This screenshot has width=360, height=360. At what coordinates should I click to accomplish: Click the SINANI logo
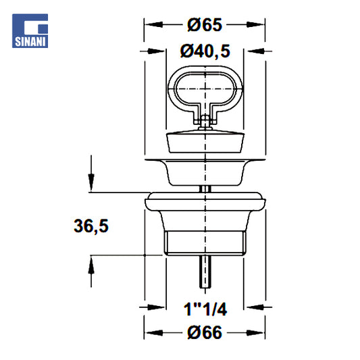click(30, 31)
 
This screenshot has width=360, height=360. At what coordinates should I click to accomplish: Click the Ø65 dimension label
click(205, 25)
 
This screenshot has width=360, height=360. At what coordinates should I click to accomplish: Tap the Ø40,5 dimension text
click(205, 51)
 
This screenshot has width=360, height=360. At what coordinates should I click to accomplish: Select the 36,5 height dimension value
click(91, 226)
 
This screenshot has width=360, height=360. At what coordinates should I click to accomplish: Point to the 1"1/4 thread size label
click(205, 309)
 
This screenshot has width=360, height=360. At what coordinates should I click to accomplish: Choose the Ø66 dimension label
click(205, 332)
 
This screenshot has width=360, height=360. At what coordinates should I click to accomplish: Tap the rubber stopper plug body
click(205, 141)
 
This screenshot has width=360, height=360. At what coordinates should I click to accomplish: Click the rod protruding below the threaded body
click(205, 272)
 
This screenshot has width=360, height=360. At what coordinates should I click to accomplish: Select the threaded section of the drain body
click(205, 243)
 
